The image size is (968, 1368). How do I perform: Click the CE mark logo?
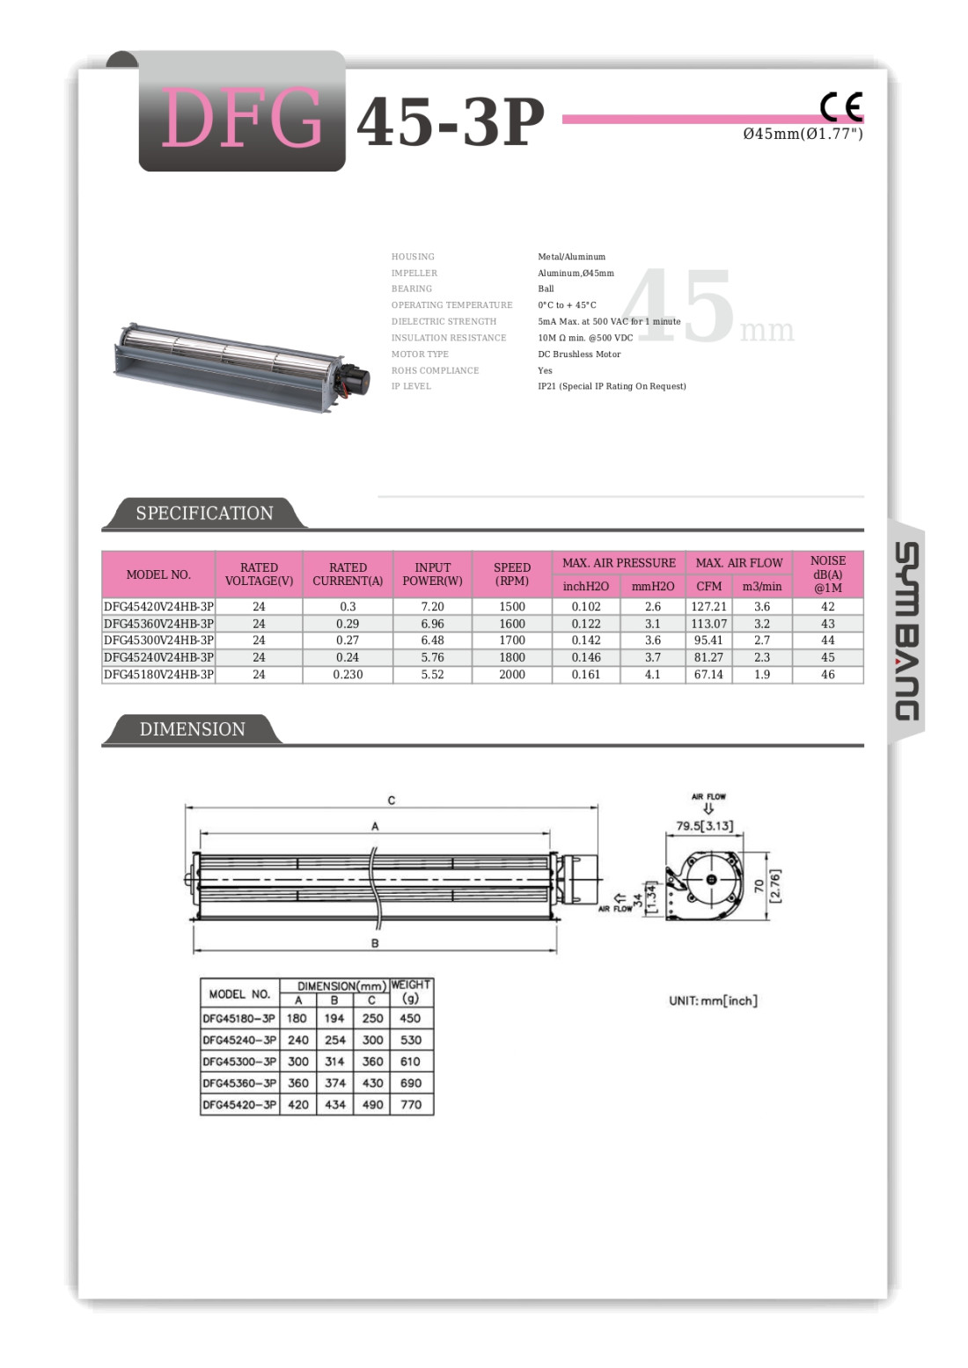pyautogui.click(x=840, y=106)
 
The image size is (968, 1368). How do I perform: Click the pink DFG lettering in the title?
pyautogui.click(x=241, y=119)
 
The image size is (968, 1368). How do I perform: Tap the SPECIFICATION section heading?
pyautogui.click(x=204, y=514)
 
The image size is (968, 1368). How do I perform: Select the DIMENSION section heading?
pyautogui.click(x=192, y=729)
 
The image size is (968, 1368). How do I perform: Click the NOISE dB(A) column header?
pyautogui.click(x=827, y=574)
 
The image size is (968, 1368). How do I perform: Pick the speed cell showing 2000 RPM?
pyautogui.click(x=511, y=675)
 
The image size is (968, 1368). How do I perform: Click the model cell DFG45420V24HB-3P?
pyautogui.click(x=158, y=607)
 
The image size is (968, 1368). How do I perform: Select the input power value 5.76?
pyautogui.click(x=432, y=657)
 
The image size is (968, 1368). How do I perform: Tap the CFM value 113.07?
pyautogui.click(x=708, y=624)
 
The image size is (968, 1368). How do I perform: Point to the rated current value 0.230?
pyautogui.click(x=348, y=675)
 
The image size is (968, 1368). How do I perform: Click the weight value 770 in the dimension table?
pyautogui.click(x=411, y=1105)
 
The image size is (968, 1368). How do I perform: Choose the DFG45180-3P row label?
pyautogui.click(x=239, y=1019)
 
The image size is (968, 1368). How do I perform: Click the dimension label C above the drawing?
pyautogui.click(x=392, y=801)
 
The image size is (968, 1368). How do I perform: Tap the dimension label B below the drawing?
pyautogui.click(x=375, y=943)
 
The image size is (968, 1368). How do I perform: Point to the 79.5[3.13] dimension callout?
pyautogui.click(x=704, y=826)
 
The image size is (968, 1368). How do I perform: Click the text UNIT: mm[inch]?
pyautogui.click(x=713, y=1001)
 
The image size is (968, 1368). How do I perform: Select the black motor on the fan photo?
pyautogui.click(x=355, y=379)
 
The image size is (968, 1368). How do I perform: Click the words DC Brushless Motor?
pyautogui.click(x=579, y=355)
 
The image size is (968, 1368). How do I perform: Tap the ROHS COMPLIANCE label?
pyautogui.click(x=435, y=370)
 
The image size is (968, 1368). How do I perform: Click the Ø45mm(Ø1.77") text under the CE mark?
pyautogui.click(x=803, y=134)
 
